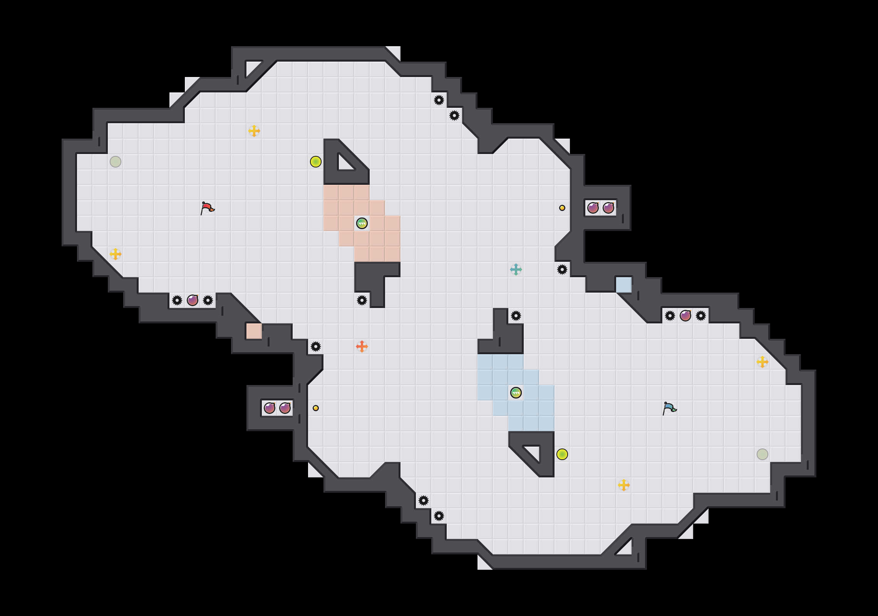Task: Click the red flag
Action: tap(207, 208)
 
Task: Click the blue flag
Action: tap(669, 408)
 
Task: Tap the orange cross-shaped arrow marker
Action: tap(362, 346)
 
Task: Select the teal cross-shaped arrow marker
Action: tap(516, 269)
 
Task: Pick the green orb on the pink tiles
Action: tap(362, 223)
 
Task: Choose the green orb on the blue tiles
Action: tap(516, 393)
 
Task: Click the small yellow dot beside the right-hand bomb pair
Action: tap(562, 208)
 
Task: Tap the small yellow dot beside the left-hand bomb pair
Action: tap(316, 408)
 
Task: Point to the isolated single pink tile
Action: tap(254, 331)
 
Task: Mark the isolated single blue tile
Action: tap(623, 285)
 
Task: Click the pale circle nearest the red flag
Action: tap(116, 162)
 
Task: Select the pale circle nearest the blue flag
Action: tap(762, 454)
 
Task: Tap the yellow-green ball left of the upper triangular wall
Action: tap(316, 162)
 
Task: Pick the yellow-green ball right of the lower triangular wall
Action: tap(562, 454)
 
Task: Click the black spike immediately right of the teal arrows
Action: tap(562, 269)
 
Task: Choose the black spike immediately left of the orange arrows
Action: tap(316, 346)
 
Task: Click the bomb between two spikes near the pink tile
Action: tap(193, 300)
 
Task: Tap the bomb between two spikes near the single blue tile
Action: tap(685, 316)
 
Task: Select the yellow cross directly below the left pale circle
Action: tap(116, 254)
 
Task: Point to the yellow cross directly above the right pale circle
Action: tap(762, 362)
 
